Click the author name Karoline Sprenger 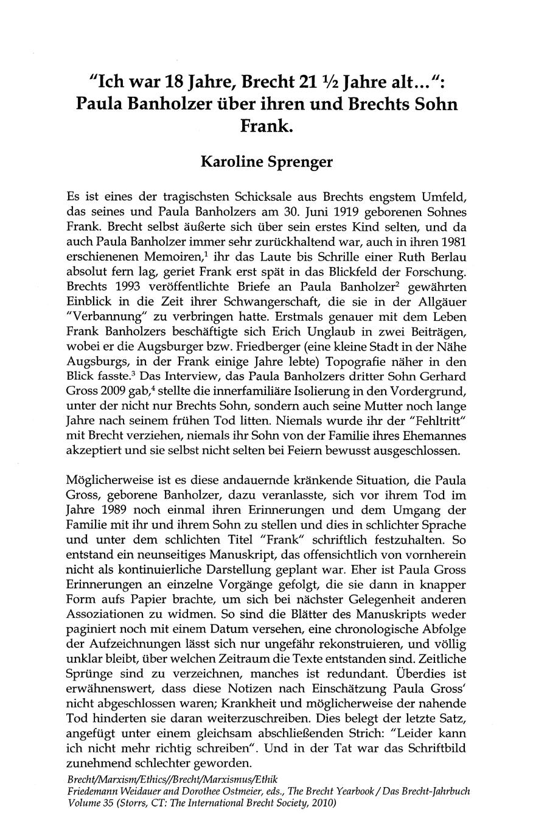click(x=266, y=163)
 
